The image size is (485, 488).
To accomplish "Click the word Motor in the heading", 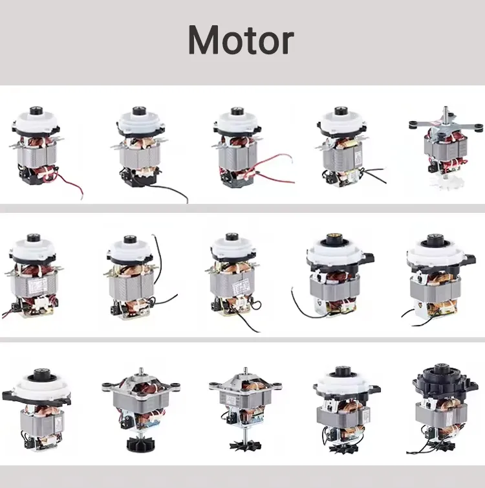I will tap(241, 41).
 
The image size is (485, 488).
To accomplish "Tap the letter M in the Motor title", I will tap(201, 41).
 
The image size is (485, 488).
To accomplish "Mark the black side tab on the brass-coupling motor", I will tap(371, 258).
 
